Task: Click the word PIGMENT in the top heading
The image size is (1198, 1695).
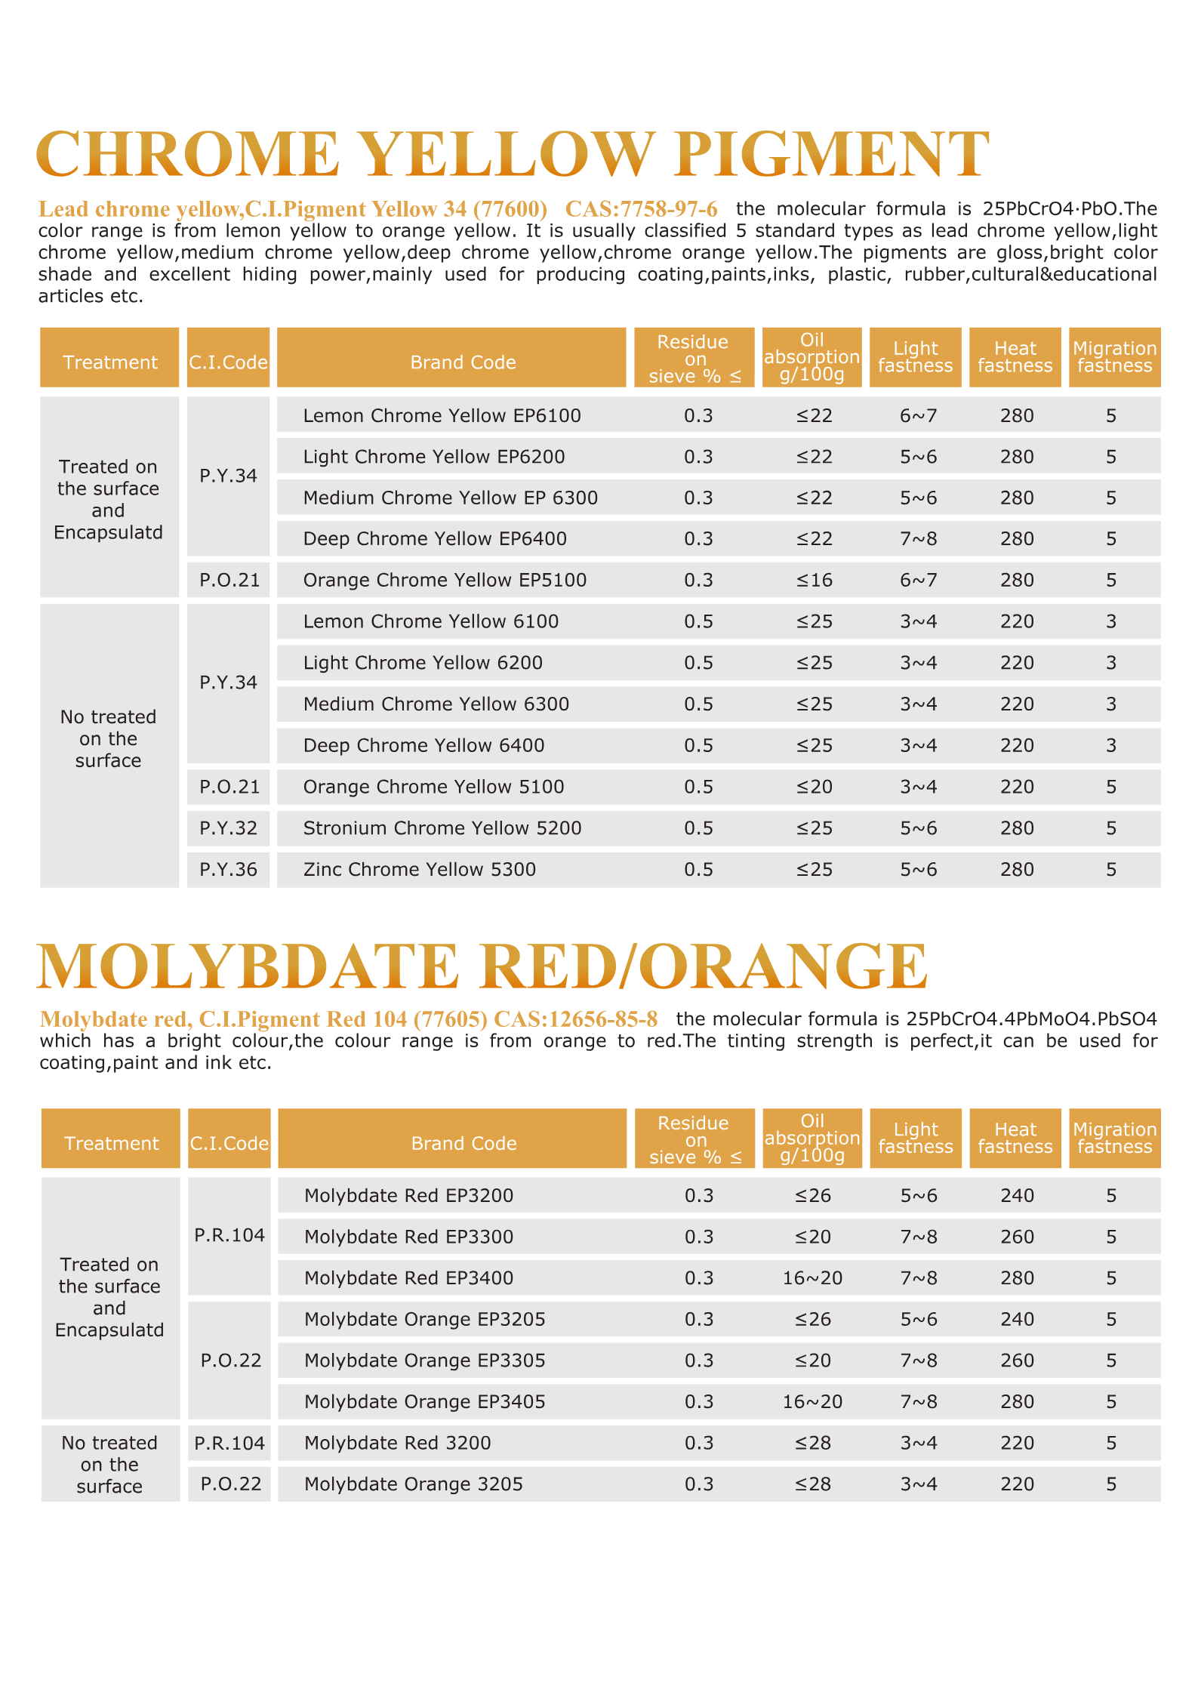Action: point(831,154)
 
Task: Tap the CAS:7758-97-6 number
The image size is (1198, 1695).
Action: point(641,208)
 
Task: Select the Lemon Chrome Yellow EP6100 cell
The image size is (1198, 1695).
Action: point(442,415)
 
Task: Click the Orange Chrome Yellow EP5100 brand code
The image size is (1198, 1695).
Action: point(445,580)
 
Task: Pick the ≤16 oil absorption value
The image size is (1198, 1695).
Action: point(814,580)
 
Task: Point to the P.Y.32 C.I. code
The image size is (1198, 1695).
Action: point(228,828)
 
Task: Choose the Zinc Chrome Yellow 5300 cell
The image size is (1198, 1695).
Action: point(419,869)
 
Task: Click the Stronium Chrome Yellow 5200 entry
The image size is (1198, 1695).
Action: point(442,828)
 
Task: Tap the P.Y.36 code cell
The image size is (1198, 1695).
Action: point(228,869)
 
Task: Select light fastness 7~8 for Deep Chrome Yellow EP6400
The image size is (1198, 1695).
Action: point(918,538)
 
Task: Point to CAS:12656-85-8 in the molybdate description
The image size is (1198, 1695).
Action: point(575,1019)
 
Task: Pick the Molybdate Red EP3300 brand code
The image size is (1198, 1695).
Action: point(408,1237)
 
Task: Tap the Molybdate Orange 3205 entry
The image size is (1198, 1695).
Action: point(413,1484)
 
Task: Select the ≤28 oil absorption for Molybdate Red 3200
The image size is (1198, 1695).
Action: point(812,1443)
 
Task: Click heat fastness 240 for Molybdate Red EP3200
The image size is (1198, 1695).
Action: point(1017,1195)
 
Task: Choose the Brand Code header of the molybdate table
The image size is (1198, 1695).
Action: point(463,1143)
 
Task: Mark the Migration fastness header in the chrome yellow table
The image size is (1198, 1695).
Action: point(1114,357)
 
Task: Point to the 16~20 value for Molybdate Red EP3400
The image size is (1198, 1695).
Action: point(812,1277)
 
